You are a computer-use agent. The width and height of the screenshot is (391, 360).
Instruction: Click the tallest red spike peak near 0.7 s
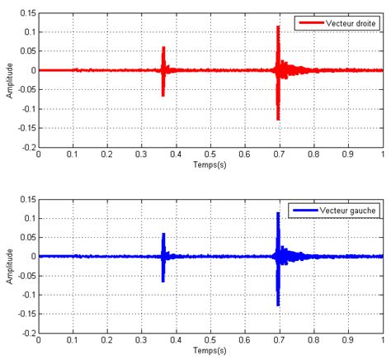[278, 27]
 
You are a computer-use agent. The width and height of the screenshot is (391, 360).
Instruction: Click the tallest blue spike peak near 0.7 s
[278, 214]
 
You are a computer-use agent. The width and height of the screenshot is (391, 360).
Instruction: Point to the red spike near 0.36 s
[163, 48]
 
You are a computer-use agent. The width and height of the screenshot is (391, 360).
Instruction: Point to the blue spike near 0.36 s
[163, 234]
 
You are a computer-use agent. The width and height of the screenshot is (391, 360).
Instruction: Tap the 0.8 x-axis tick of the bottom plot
[313, 341]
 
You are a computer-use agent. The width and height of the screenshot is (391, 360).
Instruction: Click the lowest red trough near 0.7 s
[278, 120]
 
